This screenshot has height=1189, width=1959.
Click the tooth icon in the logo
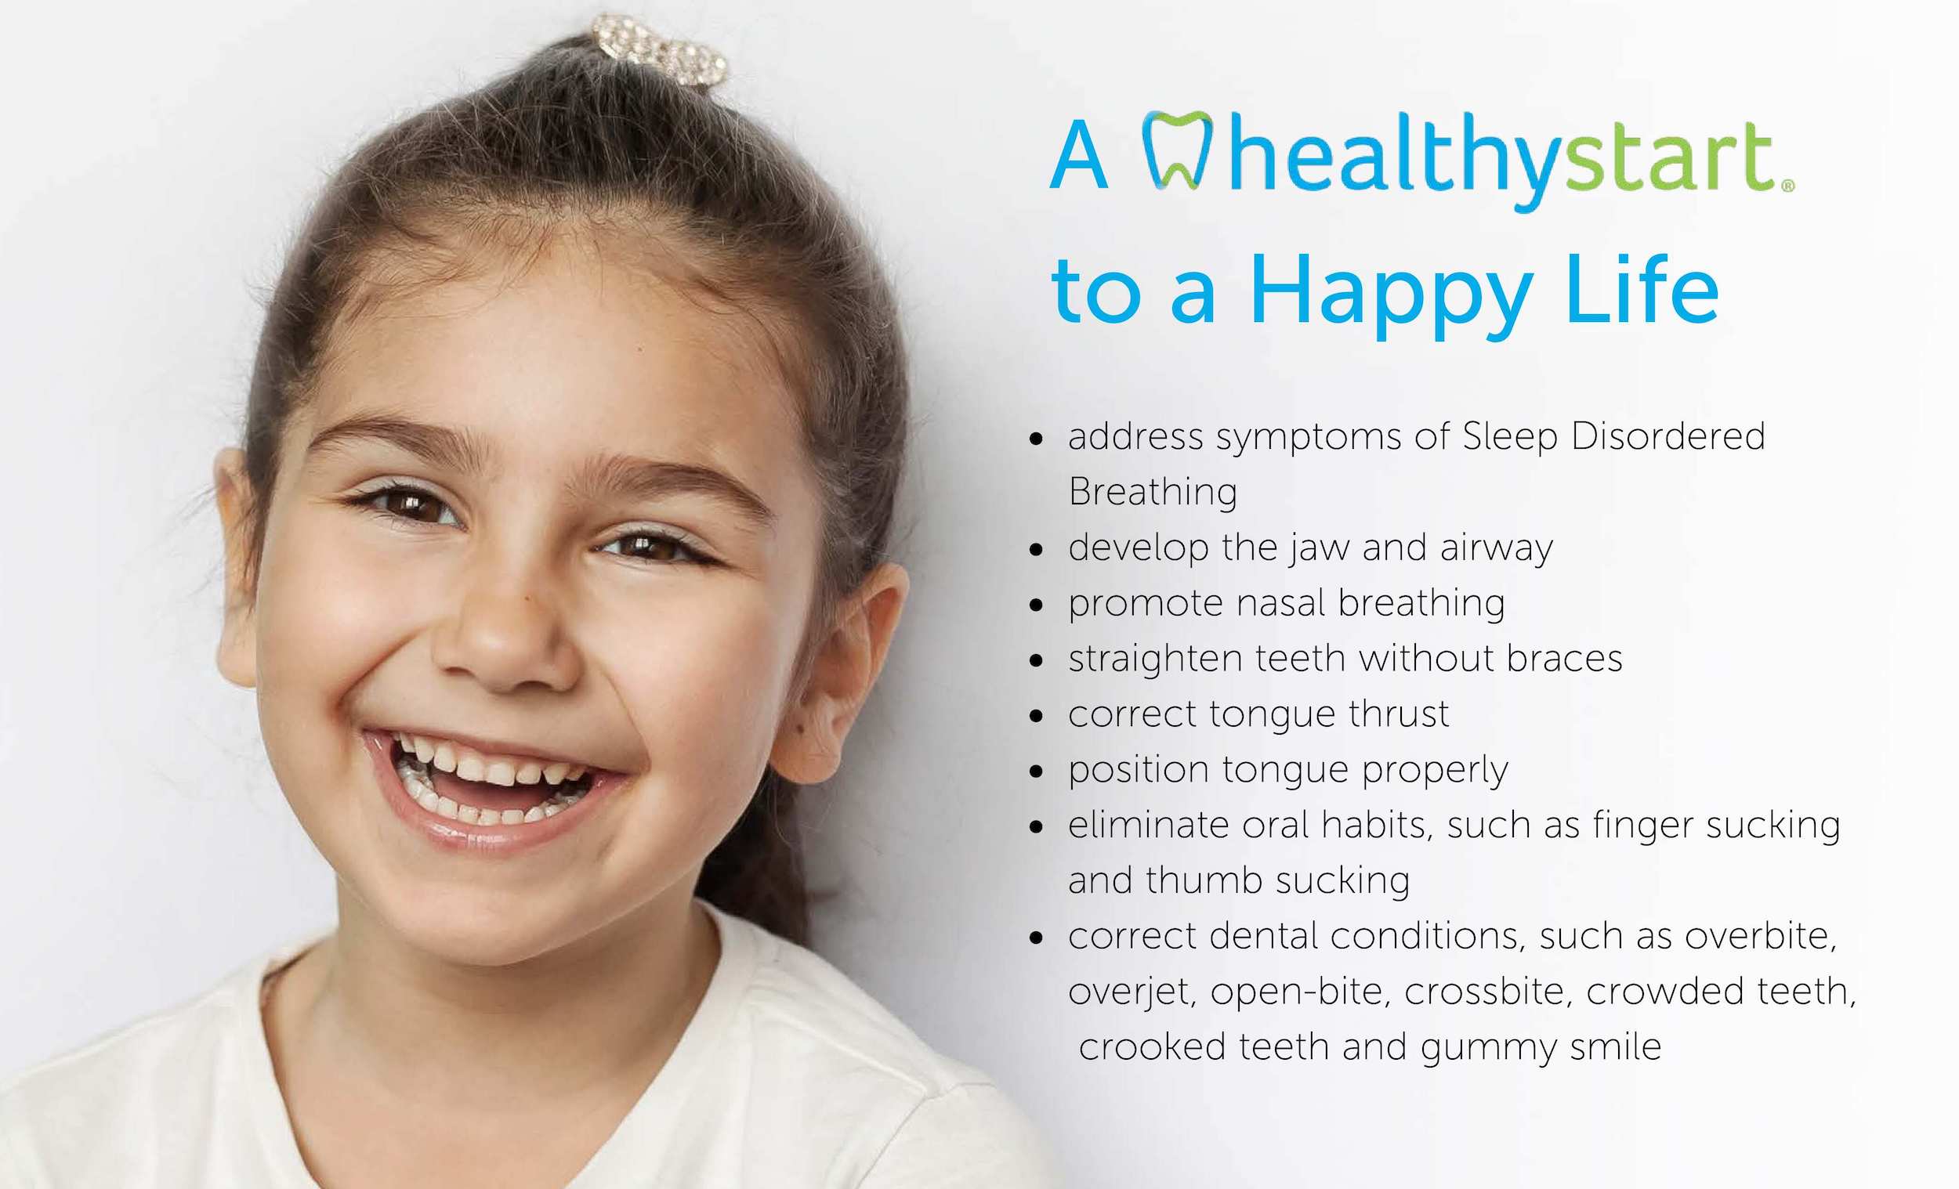tap(1178, 150)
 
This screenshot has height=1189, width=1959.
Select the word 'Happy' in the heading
tap(1391, 295)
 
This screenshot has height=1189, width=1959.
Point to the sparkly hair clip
tap(660, 49)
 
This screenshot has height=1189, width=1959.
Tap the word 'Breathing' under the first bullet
tap(1153, 493)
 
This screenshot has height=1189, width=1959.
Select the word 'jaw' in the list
tap(1318, 548)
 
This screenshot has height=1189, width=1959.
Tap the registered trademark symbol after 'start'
tap(1788, 185)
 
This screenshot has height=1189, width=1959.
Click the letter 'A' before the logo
tap(1079, 155)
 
